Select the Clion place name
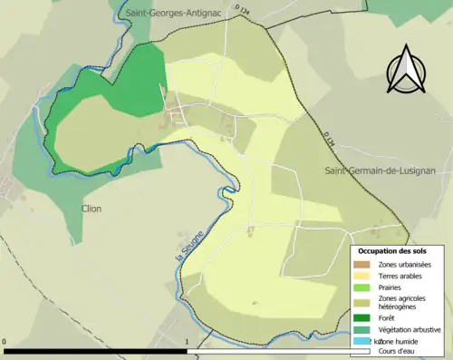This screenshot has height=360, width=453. tap(91, 209)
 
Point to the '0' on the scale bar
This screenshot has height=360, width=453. tap(5, 343)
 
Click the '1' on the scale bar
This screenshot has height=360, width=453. tap(187, 343)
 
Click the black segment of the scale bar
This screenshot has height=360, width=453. tap(96, 351)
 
